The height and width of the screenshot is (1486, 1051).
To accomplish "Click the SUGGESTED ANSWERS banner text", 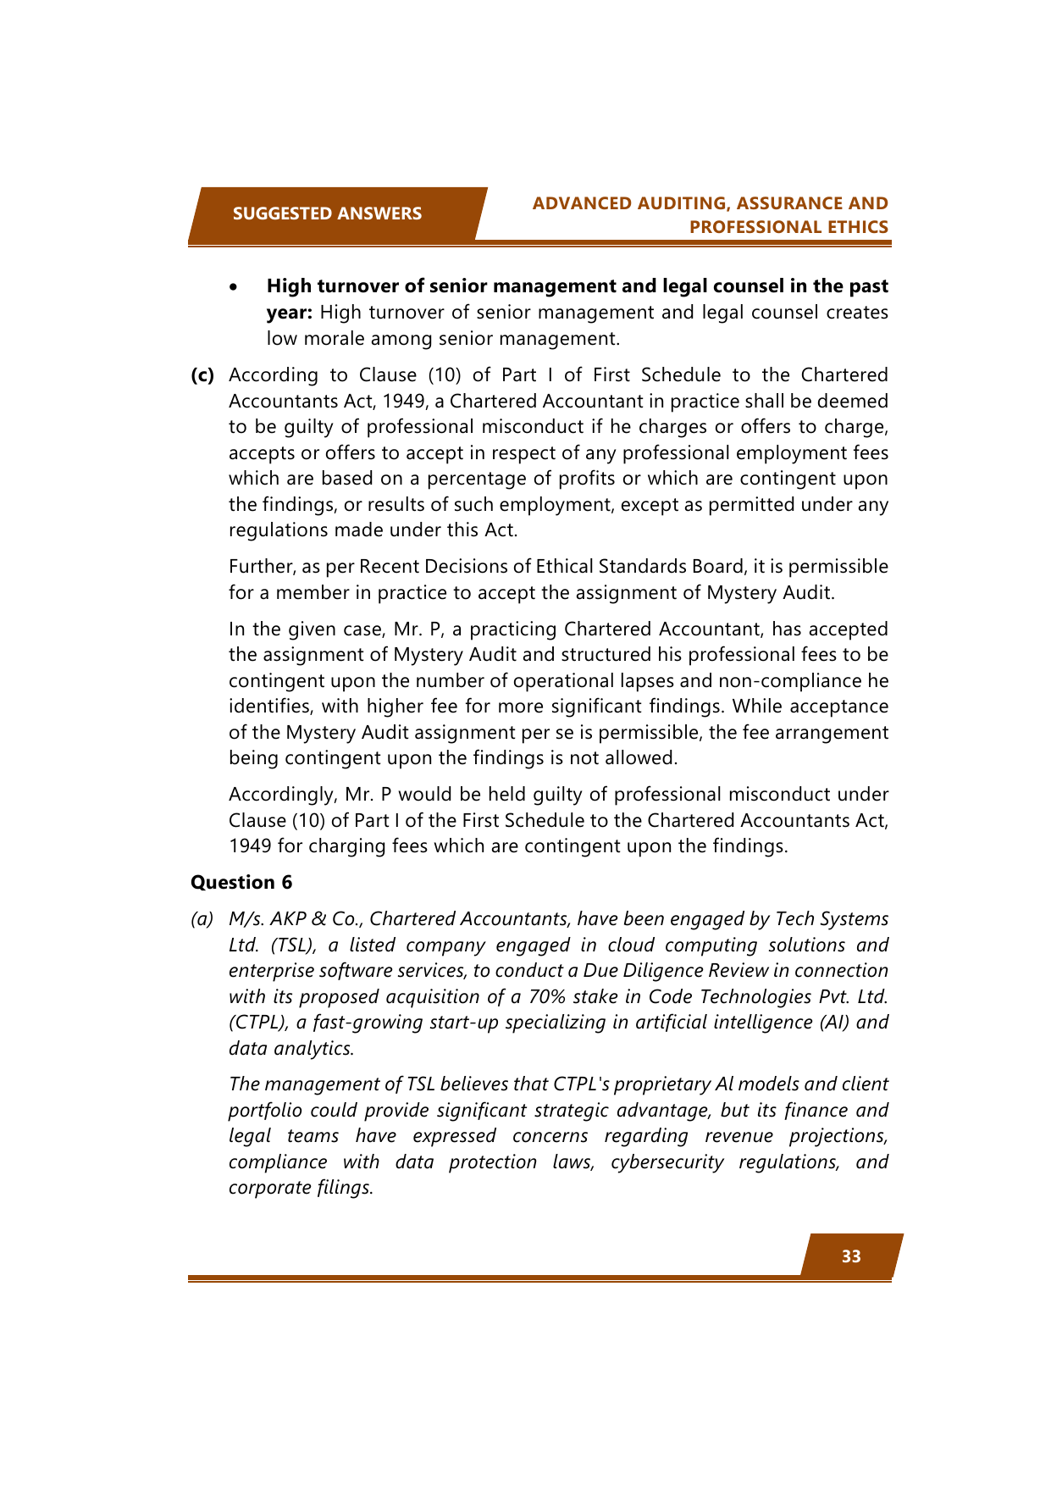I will point(327,213).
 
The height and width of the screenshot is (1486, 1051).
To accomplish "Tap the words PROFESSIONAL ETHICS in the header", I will point(788,227).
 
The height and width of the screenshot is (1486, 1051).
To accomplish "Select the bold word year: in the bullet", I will point(290,313).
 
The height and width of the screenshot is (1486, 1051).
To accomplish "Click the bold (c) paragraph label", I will point(202,375).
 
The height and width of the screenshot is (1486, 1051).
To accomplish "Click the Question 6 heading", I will point(241,883).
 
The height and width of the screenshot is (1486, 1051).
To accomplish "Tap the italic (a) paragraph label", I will point(202,919).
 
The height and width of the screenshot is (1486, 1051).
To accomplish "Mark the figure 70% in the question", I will point(547,997).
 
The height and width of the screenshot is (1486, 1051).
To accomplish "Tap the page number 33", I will point(851,1256).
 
